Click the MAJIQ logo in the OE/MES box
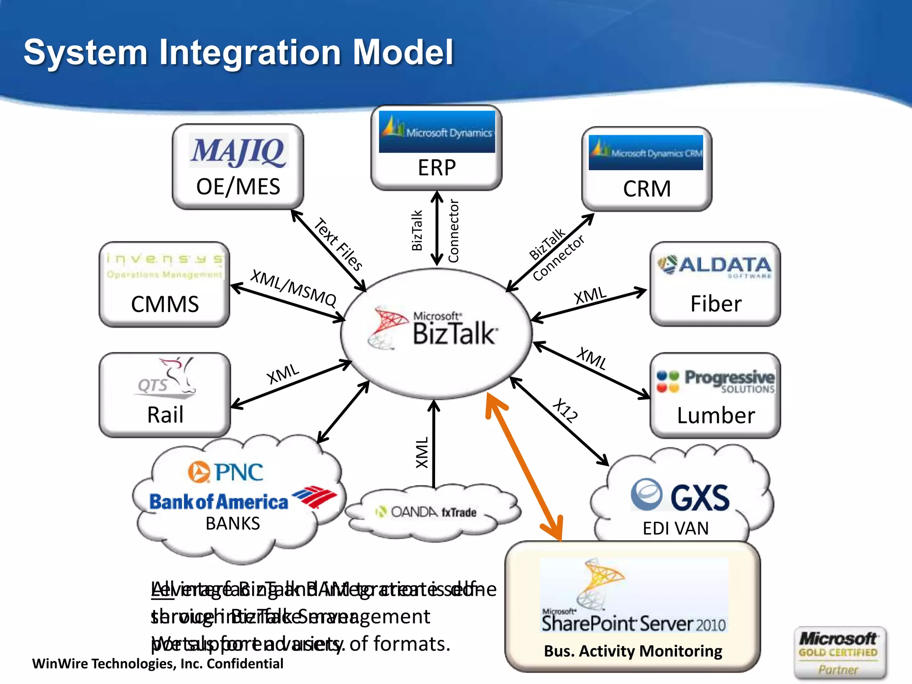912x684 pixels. pyautogui.click(x=239, y=151)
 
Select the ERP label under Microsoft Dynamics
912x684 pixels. pyautogui.click(x=436, y=168)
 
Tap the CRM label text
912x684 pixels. pyautogui.click(x=647, y=189)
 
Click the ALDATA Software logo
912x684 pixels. pyautogui.click(x=715, y=266)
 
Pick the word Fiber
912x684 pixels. pyautogui.click(x=716, y=304)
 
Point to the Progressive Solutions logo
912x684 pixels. pyautogui.click(x=716, y=381)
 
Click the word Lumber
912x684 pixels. pyautogui.click(x=716, y=415)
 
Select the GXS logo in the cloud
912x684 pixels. pyautogui.click(x=680, y=495)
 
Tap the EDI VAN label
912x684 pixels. pyautogui.click(x=676, y=529)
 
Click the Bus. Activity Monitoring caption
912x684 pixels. pyautogui.click(x=633, y=651)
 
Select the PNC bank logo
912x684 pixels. pyautogui.click(x=226, y=472)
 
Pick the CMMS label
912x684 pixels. pyautogui.click(x=165, y=305)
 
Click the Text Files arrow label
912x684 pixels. pyautogui.click(x=338, y=244)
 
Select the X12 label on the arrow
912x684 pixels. pyautogui.click(x=566, y=410)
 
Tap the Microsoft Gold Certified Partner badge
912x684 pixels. pyautogui.click(x=839, y=653)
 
